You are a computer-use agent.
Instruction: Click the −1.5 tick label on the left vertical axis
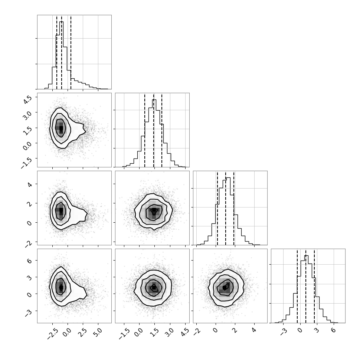pyautogui.click(x=26, y=162)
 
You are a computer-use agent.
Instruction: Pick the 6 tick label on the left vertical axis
pyautogui.click(x=29, y=261)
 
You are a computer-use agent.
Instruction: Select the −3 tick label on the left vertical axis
pyautogui.click(x=28, y=313)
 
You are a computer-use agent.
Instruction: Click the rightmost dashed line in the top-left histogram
pyautogui.click(x=71, y=52)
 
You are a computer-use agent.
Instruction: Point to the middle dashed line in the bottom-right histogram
pyautogui.click(x=305, y=286)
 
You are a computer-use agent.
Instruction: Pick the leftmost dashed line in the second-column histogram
pyautogui.click(x=145, y=130)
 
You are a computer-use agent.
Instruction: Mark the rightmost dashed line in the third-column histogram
pyautogui.click(x=234, y=208)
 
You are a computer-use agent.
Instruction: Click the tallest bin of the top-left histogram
pyautogui.click(x=61, y=55)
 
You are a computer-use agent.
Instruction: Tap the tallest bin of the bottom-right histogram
pyautogui.click(x=306, y=289)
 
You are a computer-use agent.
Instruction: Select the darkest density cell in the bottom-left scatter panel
pyautogui.click(x=61, y=287)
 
